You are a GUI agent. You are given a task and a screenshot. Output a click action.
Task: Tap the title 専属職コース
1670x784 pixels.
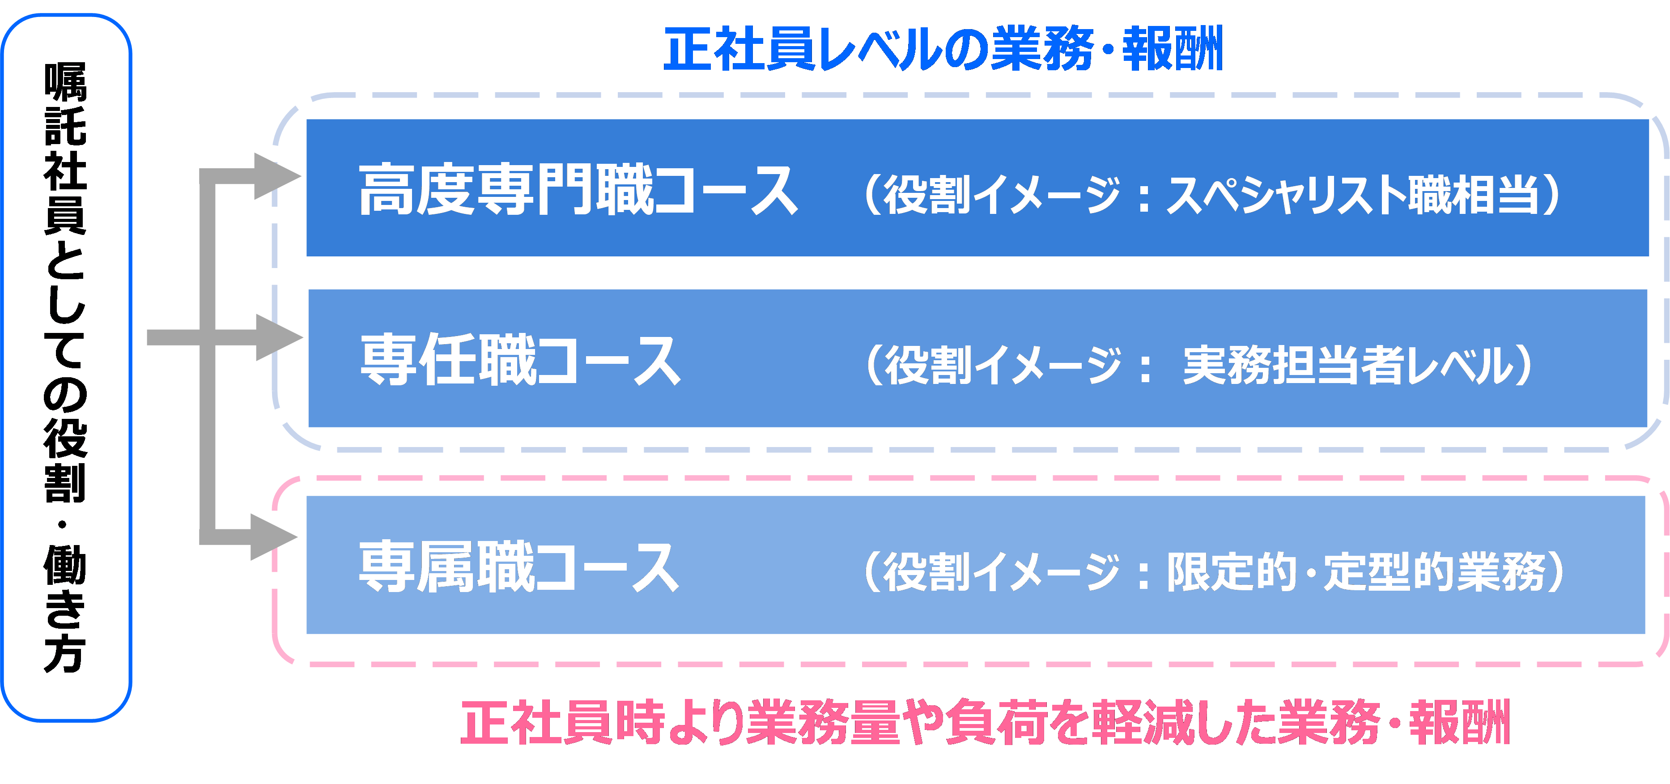pos(518,567)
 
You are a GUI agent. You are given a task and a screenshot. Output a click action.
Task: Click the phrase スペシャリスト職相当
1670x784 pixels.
pos(1351,195)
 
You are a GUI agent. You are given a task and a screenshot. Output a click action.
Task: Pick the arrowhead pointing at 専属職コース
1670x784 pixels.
pos(274,537)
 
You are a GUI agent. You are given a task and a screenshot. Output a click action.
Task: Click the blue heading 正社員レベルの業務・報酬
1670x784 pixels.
pos(943,49)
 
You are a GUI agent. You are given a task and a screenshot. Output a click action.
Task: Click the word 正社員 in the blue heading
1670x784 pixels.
pos(739,49)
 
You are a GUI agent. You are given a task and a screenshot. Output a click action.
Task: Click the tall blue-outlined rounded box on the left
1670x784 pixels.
pos(66,367)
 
